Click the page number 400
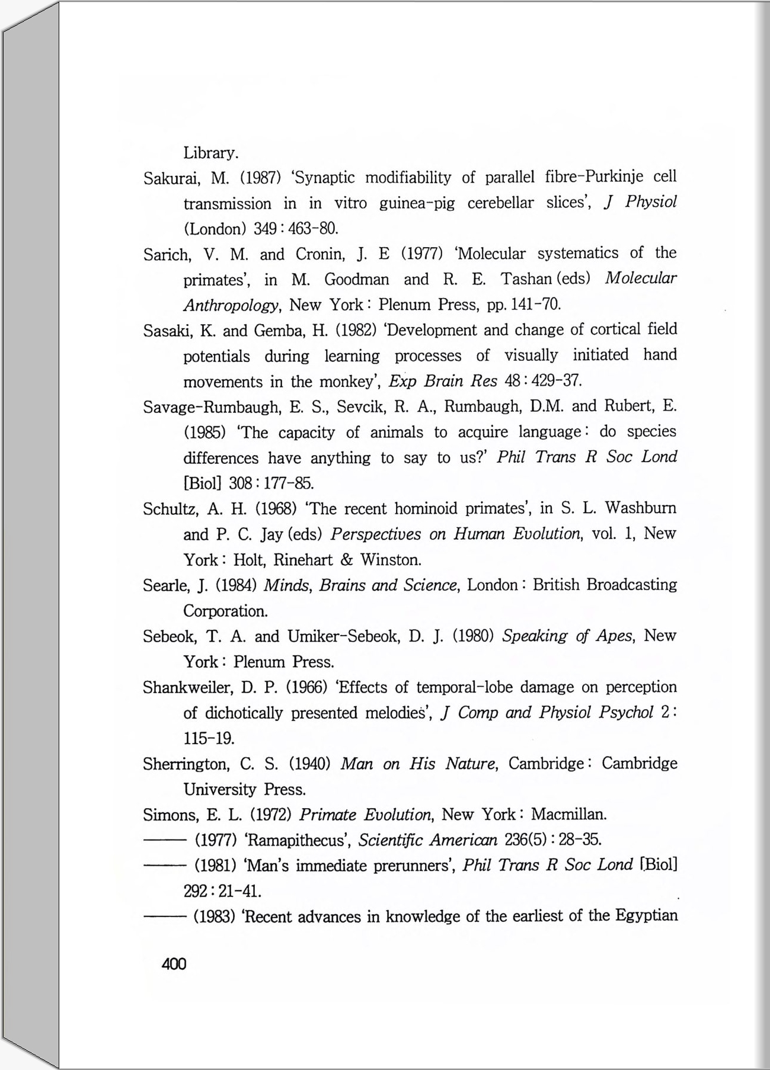(x=174, y=964)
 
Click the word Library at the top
(x=210, y=153)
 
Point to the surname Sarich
(x=167, y=255)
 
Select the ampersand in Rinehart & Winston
(x=347, y=560)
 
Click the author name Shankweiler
(x=188, y=687)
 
